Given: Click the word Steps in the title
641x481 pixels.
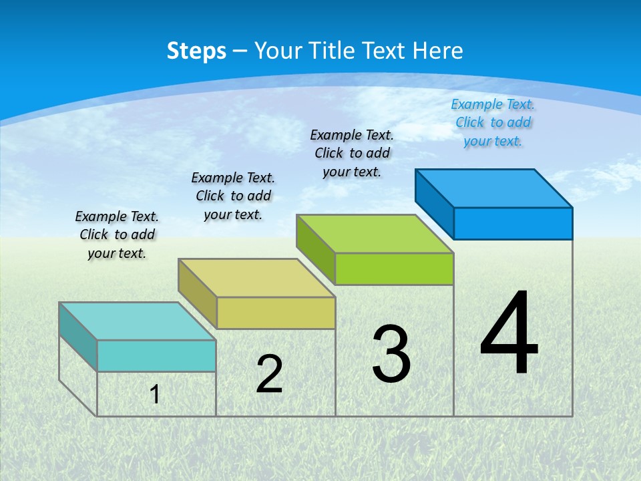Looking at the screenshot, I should point(196,51).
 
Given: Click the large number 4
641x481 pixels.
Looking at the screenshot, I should point(509,334).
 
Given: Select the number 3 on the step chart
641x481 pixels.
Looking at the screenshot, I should point(391,354).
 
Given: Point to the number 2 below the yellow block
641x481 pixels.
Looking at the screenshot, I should point(269,374).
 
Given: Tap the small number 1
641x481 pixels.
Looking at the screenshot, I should point(155,394).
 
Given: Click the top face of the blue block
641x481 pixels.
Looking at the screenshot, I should point(494,188).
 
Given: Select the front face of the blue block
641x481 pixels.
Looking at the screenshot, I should point(513,224).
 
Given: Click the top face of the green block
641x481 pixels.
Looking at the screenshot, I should point(375,234).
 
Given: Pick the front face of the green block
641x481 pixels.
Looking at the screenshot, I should point(394,269).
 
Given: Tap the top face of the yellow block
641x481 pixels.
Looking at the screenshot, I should point(256,278).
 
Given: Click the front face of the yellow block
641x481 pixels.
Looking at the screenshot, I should point(276,313).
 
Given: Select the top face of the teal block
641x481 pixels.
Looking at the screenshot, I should point(137,321).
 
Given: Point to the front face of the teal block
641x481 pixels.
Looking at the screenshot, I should point(156,356).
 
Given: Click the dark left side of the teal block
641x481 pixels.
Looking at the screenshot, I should point(77,337).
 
